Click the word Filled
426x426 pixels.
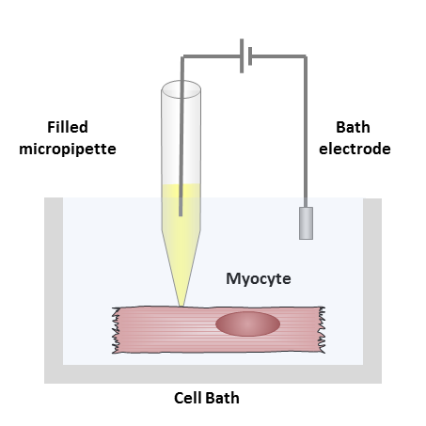point(68,127)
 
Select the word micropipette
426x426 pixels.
point(68,150)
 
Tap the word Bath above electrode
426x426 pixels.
point(353,127)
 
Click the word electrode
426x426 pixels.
point(355,149)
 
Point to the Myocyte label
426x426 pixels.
point(259,278)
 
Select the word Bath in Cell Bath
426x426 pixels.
point(222,398)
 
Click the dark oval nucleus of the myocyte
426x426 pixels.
point(247,323)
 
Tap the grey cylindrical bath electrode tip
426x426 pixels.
point(306,223)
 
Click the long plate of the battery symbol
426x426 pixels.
point(242,56)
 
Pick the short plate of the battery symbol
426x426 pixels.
point(250,56)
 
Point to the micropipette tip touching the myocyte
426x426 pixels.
point(181,306)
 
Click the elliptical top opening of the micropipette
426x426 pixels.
point(181,89)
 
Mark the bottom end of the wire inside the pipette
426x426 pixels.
point(181,215)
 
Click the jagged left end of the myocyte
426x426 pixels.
point(116,330)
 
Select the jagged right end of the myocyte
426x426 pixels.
point(322,330)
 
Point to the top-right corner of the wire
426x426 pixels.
point(306,56)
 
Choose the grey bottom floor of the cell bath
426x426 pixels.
point(213,374)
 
